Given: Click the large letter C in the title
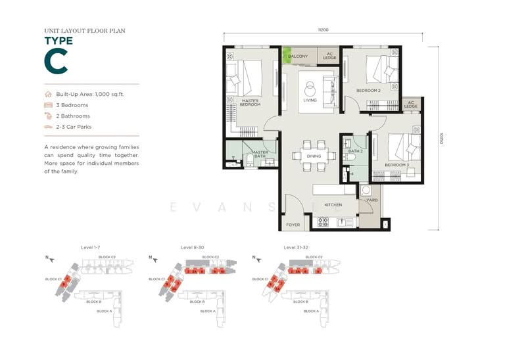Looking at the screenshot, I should (56, 61).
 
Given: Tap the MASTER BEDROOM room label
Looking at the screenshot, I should (249, 102).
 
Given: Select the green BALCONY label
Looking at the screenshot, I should (297, 56).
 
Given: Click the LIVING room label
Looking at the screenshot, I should (310, 100).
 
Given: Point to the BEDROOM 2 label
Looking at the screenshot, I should (369, 90).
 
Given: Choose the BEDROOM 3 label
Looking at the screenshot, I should (397, 164).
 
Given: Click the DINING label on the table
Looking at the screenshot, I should (314, 156).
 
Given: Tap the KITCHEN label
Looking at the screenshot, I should (333, 205).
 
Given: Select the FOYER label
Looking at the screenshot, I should (293, 225).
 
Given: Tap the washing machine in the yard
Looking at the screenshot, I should (366, 190).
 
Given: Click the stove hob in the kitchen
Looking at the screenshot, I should (323, 223).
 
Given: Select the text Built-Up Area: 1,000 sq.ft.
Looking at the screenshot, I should (90, 94).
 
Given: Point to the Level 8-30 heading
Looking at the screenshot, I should (192, 248).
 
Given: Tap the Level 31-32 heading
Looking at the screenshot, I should (296, 248).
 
